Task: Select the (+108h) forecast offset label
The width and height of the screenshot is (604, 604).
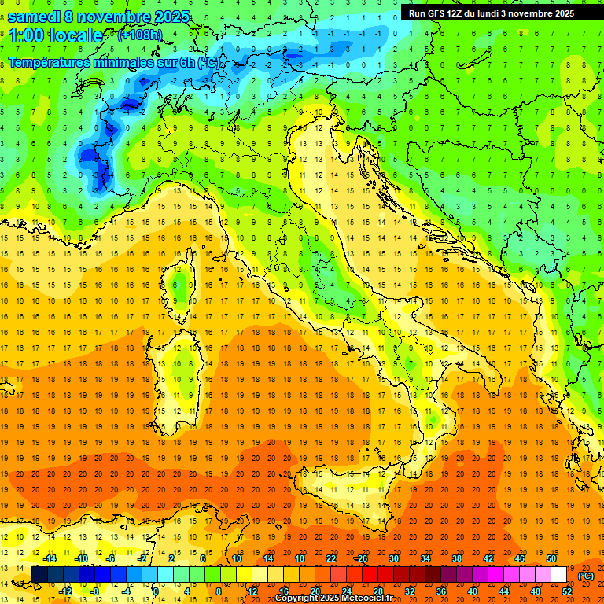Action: coord(141,35)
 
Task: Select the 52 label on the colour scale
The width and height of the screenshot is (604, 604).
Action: coord(567,591)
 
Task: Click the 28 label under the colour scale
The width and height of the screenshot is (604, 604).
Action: coord(377,591)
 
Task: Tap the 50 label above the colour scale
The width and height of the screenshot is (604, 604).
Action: coord(551,558)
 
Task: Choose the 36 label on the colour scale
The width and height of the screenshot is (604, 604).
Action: coord(440,591)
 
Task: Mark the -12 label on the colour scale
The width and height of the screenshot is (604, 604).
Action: coord(66,591)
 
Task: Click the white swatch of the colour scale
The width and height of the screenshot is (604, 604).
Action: coord(559,575)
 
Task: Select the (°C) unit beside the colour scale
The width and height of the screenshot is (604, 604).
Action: coord(586,576)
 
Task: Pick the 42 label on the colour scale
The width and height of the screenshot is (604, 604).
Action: coord(488,558)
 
